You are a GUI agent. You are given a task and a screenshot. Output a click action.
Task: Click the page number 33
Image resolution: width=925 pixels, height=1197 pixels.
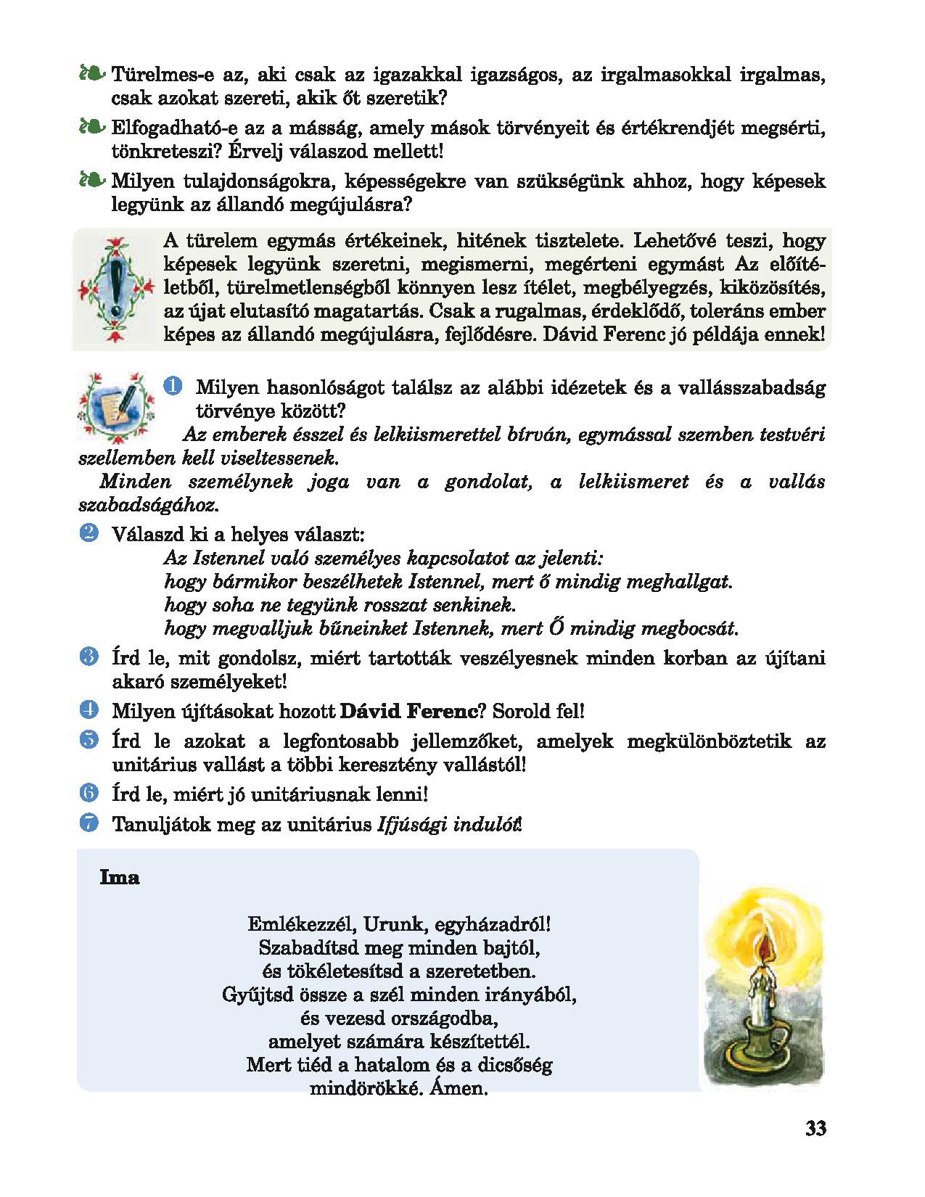point(815,1129)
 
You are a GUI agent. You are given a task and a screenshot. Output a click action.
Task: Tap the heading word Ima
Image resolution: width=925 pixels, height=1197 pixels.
point(119,878)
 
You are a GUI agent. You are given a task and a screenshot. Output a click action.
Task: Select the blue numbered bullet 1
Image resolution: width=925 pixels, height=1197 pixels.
point(171,387)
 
